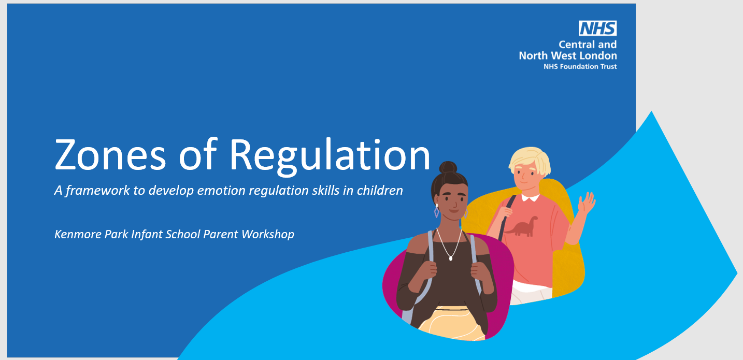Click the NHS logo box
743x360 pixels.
[598, 28]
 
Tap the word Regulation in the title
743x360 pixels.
[330, 156]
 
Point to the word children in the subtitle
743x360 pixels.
[380, 190]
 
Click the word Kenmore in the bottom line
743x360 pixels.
[78, 234]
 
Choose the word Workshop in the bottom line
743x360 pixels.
[268, 235]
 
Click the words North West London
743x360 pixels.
[568, 55]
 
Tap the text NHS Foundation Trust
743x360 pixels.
[580, 66]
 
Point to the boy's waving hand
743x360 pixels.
[587, 202]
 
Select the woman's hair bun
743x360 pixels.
[448, 167]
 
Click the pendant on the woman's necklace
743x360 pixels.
[450, 258]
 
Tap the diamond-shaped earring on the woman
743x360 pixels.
[436, 211]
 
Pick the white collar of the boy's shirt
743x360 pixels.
[531, 198]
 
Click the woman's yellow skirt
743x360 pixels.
[451, 323]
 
